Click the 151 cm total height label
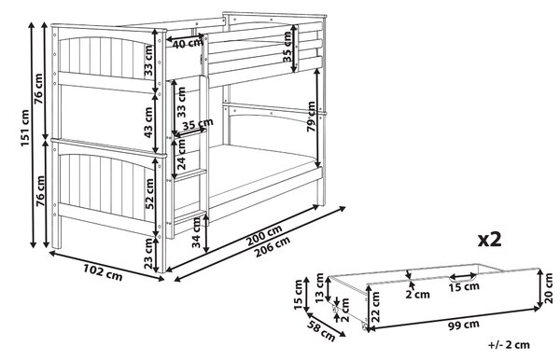pos(25,128)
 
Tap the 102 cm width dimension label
pos(103,272)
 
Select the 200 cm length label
pos(265,234)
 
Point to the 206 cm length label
pos(273,247)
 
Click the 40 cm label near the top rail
pos(188,44)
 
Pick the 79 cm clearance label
pos(312,117)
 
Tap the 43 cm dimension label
pos(148,122)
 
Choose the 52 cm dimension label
pos(148,194)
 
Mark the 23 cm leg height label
pos(148,254)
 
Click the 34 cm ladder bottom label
pos(196,232)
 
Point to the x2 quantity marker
pos(490,240)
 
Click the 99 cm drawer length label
pos(464,325)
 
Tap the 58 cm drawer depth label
pos(321,330)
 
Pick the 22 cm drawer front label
pos(375,307)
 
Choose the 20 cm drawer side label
pos(549,288)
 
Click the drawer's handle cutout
pos(463,276)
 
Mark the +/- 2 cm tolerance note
pos(509,345)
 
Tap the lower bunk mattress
pos(262,167)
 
